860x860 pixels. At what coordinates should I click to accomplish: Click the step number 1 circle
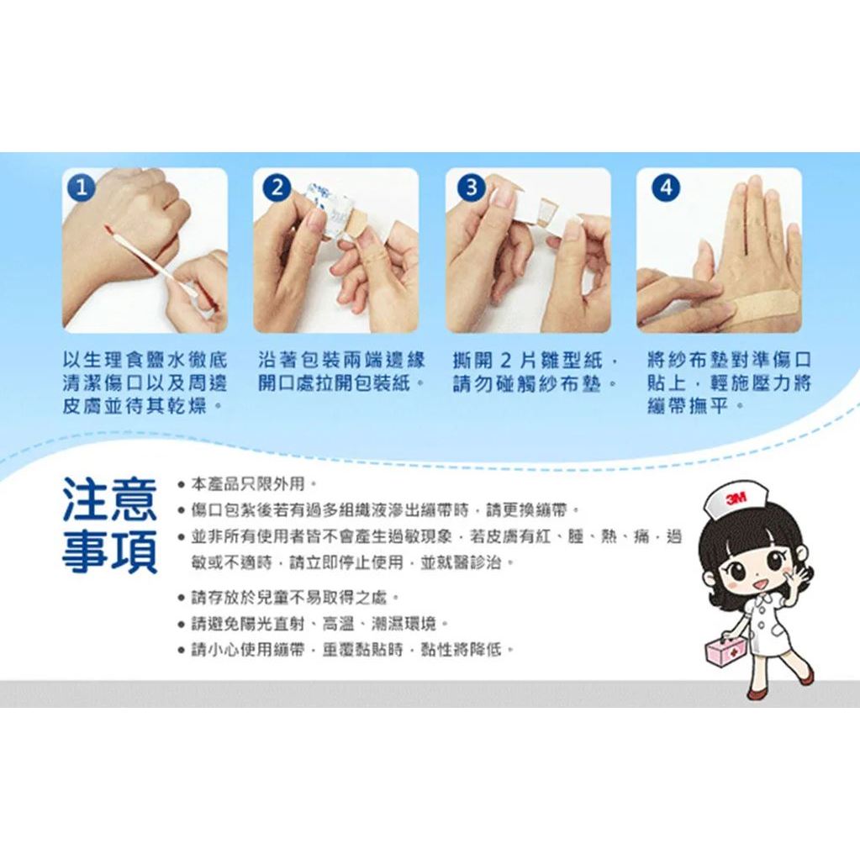(82, 188)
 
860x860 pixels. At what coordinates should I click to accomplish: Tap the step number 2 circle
(277, 188)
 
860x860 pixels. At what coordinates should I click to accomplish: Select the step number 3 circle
(471, 188)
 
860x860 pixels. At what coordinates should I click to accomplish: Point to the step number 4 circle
(665, 188)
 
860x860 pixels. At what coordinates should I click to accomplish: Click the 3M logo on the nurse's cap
(736, 499)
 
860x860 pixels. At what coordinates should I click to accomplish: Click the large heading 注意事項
(109, 525)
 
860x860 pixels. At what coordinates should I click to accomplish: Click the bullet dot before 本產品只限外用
(181, 485)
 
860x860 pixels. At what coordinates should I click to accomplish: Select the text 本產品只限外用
(247, 484)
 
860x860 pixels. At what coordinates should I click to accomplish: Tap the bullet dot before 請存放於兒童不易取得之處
(181, 598)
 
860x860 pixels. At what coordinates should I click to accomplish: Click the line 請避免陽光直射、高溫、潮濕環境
(314, 624)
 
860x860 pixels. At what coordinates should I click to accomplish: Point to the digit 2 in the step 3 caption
(506, 361)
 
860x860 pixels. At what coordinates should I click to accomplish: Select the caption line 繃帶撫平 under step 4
(688, 406)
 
